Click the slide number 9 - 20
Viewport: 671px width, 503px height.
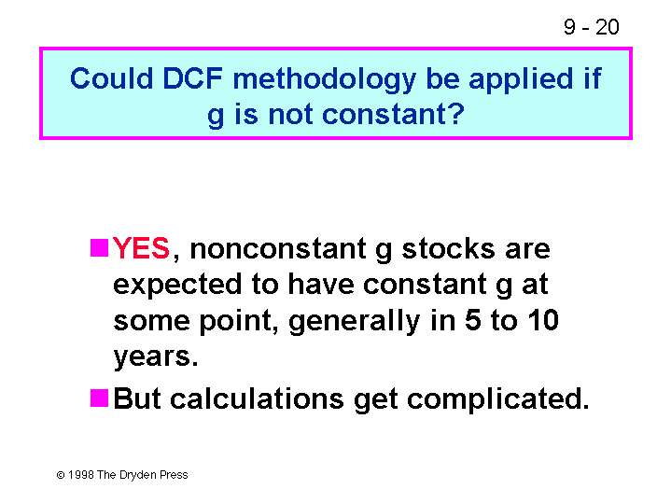coord(591,27)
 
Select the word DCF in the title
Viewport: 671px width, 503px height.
coord(192,78)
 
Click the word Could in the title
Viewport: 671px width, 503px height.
coord(111,78)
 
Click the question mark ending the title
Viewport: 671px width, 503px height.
coord(456,114)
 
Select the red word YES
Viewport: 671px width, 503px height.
coord(141,248)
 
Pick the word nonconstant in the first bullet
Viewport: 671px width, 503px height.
coord(278,249)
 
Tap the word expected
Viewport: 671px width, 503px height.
coord(177,286)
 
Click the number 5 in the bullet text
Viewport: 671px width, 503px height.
coord(473,320)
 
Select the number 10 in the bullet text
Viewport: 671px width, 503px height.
coord(543,320)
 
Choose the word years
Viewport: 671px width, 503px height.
coord(156,357)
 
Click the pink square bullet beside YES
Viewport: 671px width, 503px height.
coord(99,248)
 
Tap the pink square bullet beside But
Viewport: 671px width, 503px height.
coord(99,398)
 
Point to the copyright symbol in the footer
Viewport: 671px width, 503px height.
coord(61,475)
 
